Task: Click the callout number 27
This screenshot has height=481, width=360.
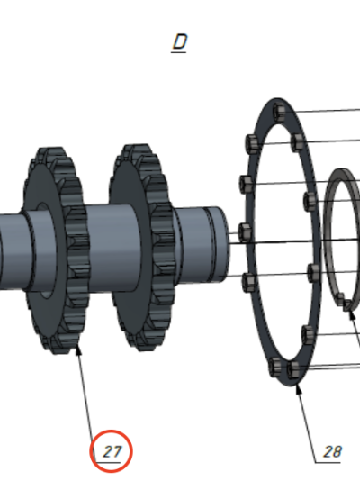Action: tap(112, 451)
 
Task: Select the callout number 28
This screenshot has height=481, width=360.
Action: tap(332, 451)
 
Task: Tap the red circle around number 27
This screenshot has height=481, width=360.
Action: tap(112, 431)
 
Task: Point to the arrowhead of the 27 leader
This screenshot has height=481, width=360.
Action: tap(77, 349)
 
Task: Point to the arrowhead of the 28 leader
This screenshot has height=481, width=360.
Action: tap(298, 388)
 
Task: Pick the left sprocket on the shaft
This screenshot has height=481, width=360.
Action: tap(57, 250)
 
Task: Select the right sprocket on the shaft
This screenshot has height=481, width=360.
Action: tap(141, 247)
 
